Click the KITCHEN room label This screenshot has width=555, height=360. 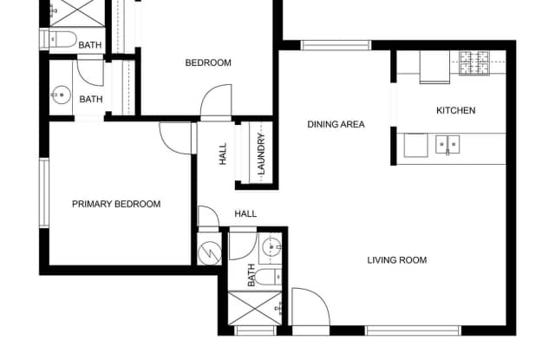pyautogui.click(x=455, y=110)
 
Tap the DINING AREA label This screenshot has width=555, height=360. pyautogui.click(x=336, y=124)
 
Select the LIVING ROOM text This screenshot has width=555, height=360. pyautogui.click(x=397, y=260)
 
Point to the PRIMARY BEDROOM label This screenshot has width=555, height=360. pyautogui.click(x=116, y=204)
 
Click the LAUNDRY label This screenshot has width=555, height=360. pyautogui.click(x=261, y=154)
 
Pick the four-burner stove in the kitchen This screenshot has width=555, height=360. pyautogui.click(x=474, y=63)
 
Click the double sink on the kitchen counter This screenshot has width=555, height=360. pyautogui.click(x=447, y=144)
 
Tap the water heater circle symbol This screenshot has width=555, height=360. pyautogui.click(x=210, y=253)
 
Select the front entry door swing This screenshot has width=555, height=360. pyautogui.click(x=310, y=306)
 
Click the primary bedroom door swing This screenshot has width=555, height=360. pyautogui.click(x=176, y=138)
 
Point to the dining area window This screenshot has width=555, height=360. pyautogui.click(x=336, y=45)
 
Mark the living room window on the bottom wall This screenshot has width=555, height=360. pyautogui.click(x=413, y=331)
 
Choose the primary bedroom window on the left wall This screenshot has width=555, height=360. pyautogui.click(x=44, y=193)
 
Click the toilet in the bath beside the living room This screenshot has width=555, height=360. pyautogui.click(x=268, y=277)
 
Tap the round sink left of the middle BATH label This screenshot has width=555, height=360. pyautogui.click(x=62, y=95)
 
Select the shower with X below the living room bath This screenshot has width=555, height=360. pyautogui.click(x=255, y=308)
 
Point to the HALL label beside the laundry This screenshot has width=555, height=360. pyautogui.click(x=223, y=154)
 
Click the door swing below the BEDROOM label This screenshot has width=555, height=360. pyautogui.click(x=216, y=100)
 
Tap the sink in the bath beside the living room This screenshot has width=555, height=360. pyautogui.click(x=271, y=246)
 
